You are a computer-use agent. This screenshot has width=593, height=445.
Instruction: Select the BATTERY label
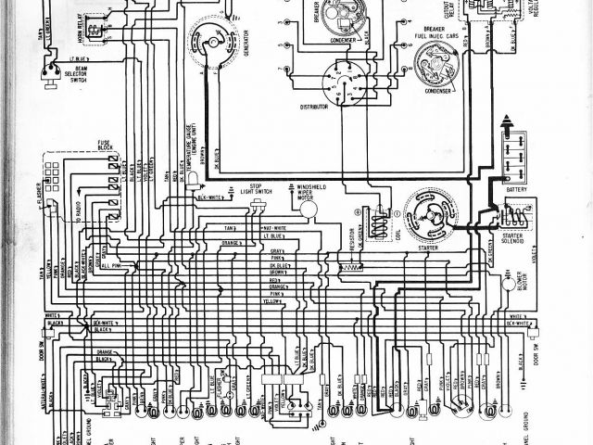516,189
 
